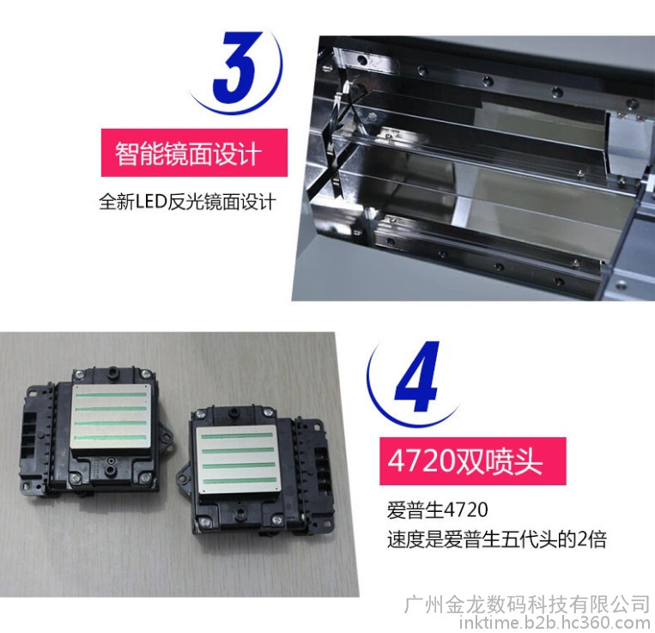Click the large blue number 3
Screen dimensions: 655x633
236,67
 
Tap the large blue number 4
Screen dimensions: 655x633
417,376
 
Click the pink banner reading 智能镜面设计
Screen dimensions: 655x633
194,153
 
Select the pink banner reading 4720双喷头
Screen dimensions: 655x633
472,461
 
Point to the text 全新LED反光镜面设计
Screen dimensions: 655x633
187,202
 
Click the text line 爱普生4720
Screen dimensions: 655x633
437,510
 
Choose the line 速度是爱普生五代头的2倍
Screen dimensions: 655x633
497,539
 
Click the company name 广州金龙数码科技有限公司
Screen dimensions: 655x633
527,604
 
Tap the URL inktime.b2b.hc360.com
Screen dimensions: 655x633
555,623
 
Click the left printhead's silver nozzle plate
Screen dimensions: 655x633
112,417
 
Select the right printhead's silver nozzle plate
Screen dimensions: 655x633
238,460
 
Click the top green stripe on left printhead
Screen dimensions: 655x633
112,395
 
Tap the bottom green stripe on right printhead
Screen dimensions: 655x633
240,480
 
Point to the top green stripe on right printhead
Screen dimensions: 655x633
237,435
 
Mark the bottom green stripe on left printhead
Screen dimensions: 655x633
110,438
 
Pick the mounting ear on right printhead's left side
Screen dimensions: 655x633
184,476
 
